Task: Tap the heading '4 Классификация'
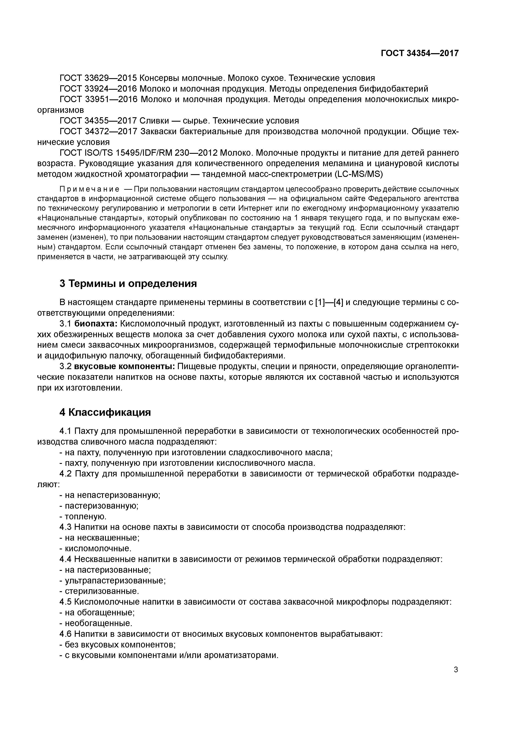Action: pos(105,412)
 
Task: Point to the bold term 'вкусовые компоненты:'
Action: pos(125,367)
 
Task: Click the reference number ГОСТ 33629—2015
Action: pos(98,78)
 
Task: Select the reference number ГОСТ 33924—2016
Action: pos(98,89)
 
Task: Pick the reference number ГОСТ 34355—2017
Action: pos(98,121)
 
